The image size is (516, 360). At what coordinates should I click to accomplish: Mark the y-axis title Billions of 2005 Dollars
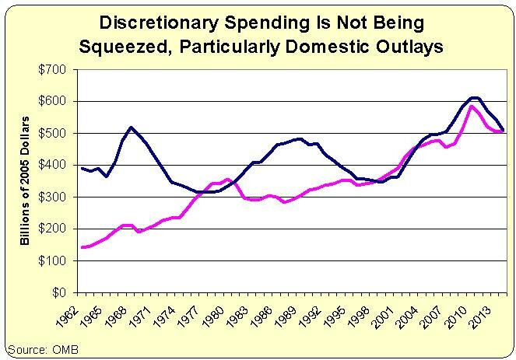[x=26, y=181]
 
